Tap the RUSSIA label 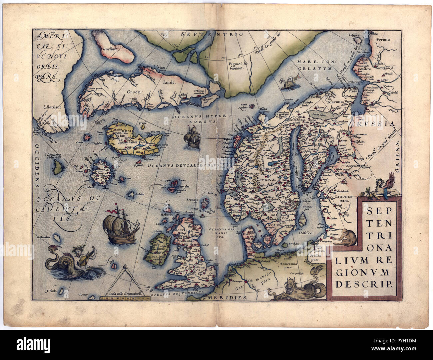tap(383, 124)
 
